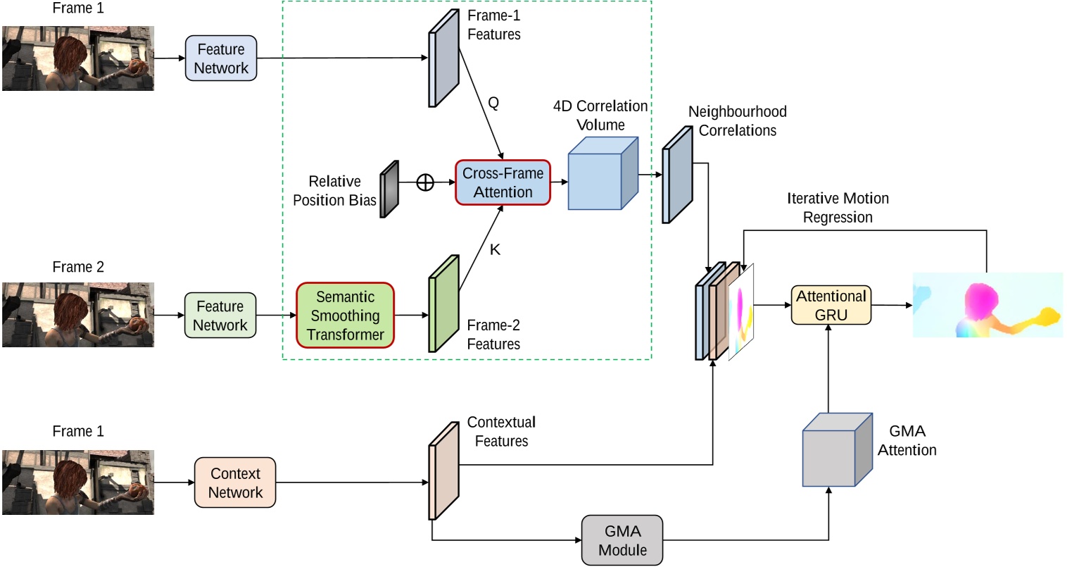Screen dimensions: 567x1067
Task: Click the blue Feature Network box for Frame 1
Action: click(x=221, y=59)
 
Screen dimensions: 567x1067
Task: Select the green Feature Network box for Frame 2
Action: click(x=220, y=316)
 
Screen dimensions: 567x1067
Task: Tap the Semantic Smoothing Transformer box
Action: click(x=345, y=316)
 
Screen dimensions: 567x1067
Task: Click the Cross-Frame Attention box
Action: click(x=503, y=182)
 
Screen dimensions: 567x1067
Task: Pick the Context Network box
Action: click(x=235, y=483)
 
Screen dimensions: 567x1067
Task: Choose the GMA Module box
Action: click(x=622, y=540)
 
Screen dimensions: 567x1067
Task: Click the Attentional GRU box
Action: click(x=831, y=305)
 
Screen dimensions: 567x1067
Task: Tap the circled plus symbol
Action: click(x=425, y=182)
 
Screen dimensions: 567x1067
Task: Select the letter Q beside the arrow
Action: click(x=493, y=103)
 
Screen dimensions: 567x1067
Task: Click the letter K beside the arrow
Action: click(x=495, y=249)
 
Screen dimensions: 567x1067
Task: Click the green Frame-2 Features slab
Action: click(x=443, y=304)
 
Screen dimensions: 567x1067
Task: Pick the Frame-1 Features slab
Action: click(x=443, y=59)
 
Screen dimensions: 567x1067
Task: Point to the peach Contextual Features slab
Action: click(x=443, y=471)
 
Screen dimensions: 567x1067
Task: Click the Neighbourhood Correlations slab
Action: click(x=677, y=175)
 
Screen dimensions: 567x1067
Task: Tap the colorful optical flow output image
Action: click(x=987, y=305)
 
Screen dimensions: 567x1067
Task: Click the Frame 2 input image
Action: click(x=78, y=315)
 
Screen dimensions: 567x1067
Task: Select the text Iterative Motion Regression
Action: click(x=838, y=208)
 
